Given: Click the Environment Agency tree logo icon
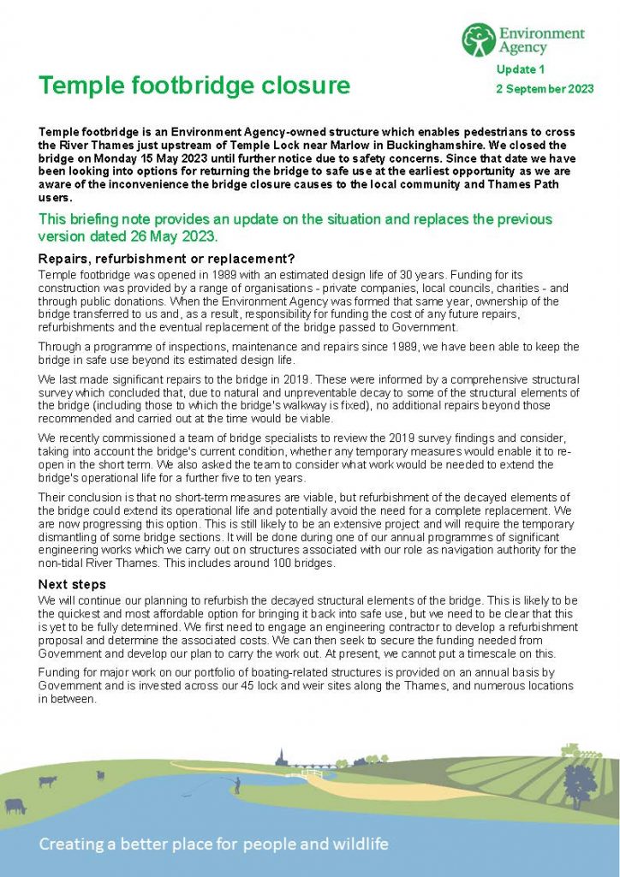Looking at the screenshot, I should (x=478, y=40).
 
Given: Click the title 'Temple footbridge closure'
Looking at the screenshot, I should (x=194, y=86).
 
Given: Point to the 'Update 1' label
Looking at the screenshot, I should (x=521, y=69).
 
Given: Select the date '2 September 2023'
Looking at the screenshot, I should (x=545, y=89).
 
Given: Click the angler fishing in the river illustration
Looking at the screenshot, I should (x=238, y=783).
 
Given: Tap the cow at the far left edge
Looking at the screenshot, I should (x=15, y=806).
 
